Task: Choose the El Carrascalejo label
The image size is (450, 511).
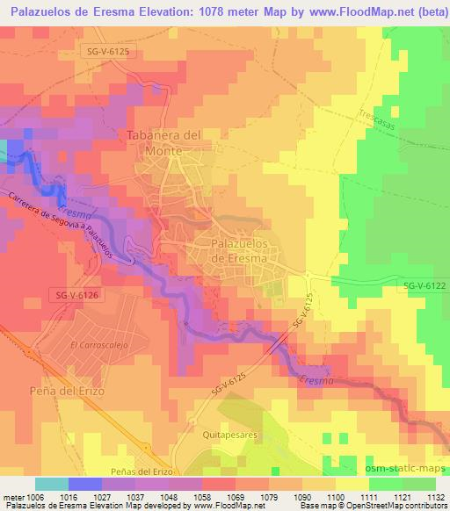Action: click(96, 345)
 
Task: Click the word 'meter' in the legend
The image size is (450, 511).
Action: click(12, 496)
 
